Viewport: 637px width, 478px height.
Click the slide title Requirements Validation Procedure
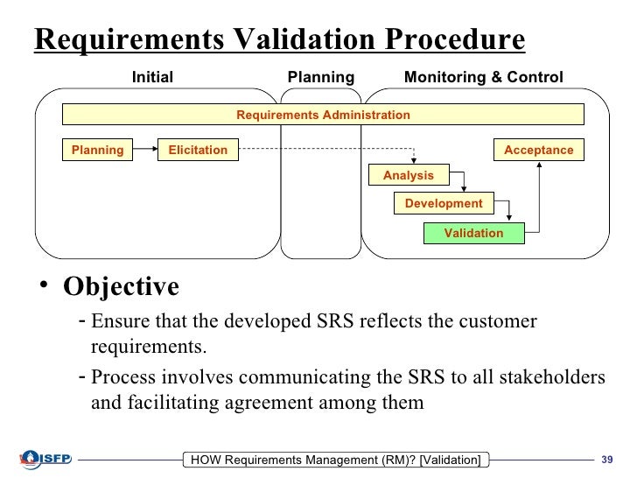tap(280, 40)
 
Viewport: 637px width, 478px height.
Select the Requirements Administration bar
tap(323, 115)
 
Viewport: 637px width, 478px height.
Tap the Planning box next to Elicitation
tap(97, 150)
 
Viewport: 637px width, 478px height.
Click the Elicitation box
tap(198, 150)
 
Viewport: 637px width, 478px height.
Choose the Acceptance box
tap(539, 150)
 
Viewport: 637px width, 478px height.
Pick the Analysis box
tap(409, 175)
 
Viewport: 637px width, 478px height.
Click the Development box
tap(444, 203)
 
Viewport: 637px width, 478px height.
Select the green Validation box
tap(473, 233)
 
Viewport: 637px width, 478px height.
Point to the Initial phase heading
tap(152, 77)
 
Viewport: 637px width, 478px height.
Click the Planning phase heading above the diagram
tap(321, 77)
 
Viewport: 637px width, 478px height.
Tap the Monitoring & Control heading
tap(483, 77)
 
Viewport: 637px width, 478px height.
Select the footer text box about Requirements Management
tap(336, 460)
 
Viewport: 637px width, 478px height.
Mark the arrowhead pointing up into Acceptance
tap(542, 165)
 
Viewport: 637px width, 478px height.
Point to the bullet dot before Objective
tap(44, 290)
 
